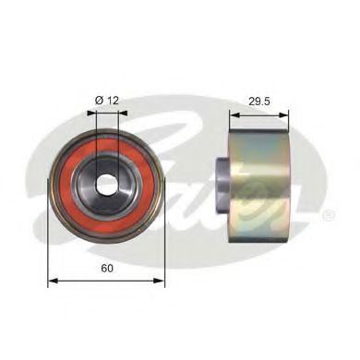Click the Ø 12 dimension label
[107, 101]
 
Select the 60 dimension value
[107, 269]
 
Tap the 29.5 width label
[259, 102]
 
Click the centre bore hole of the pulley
[107, 184]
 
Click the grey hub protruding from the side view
[222, 184]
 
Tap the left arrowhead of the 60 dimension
[54, 281]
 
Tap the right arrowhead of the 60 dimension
[160, 281]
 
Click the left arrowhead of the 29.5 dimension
[235, 115]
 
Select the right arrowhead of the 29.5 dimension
[284, 115]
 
